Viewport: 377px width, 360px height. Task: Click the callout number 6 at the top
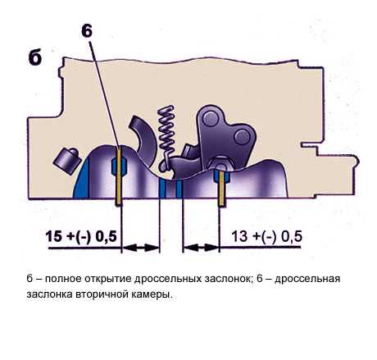click(87, 31)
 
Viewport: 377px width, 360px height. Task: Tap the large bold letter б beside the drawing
click(35, 57)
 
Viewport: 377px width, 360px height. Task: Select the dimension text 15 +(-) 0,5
click(81, 236)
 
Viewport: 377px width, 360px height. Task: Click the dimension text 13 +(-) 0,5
click(266, 236)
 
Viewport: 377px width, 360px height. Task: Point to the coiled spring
click(166, 137)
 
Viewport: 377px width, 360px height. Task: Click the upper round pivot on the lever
click(211, 119)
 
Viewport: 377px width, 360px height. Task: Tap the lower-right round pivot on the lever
click(242, 137)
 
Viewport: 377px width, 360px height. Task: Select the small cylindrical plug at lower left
click(66, 161)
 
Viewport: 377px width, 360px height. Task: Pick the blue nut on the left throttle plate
click(119, 166)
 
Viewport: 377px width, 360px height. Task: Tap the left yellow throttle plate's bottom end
click(119, 204)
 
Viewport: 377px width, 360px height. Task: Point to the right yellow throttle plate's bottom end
click(221, 205)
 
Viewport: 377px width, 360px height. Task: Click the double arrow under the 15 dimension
click(140, 248)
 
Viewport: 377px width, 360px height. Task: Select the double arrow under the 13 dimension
click(202, 248)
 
